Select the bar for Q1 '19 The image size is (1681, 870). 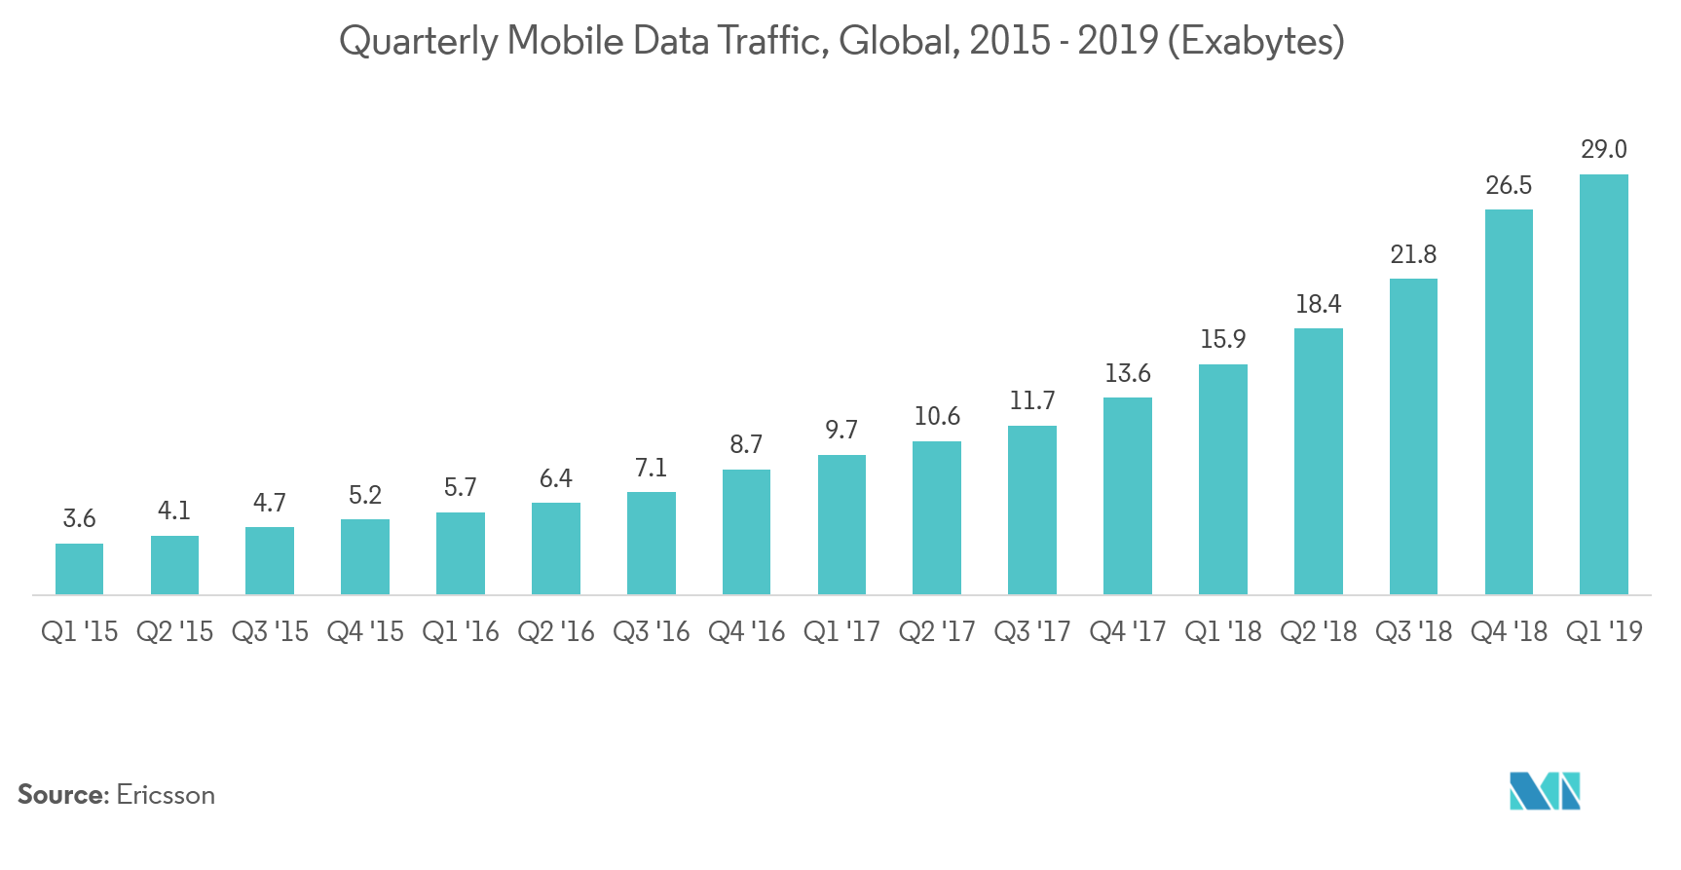pos(1603,385)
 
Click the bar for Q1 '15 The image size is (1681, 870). pos(79,569)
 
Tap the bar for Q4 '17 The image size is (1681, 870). pos(1127,496)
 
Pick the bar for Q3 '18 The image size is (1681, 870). pos(1413,436)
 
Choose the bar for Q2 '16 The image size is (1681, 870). pos(555,548)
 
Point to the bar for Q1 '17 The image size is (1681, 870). pos(841,524)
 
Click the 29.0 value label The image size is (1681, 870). pos(1603,149)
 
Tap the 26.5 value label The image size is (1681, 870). pos(1508,185)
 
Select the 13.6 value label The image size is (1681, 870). pos(1127,373)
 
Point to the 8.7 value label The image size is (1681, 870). pos(746,445)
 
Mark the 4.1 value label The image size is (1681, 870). pos(174,511)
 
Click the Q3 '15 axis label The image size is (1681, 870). pos(270,632)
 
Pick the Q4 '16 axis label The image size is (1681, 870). pos(746,632)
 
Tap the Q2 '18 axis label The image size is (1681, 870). pos(1318,632)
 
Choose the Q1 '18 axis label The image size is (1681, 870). pos(1222,632)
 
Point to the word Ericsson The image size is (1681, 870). pos(166,795)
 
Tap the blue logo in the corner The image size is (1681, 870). pos(1545,791)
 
